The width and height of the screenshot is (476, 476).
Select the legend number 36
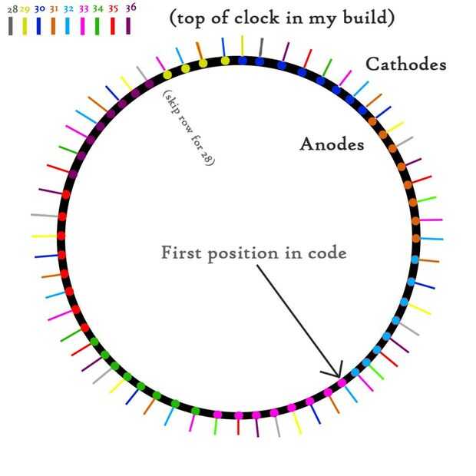point(131,6)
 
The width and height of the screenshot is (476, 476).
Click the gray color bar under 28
point(11,25)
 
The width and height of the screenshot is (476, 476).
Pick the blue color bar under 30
point(39,25)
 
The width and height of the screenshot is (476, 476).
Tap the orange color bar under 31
point(53,25)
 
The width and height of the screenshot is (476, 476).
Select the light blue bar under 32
point(68,25)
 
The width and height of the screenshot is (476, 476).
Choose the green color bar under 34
point(98,25)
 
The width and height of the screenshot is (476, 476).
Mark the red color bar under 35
point(113,25)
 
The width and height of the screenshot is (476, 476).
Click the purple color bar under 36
point(128,25)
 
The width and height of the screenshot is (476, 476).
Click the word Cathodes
point(405,64)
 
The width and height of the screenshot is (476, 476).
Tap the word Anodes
point(332,144)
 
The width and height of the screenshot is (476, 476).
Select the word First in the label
point(183,253)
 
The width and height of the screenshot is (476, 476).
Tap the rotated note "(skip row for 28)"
point(189,127)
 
